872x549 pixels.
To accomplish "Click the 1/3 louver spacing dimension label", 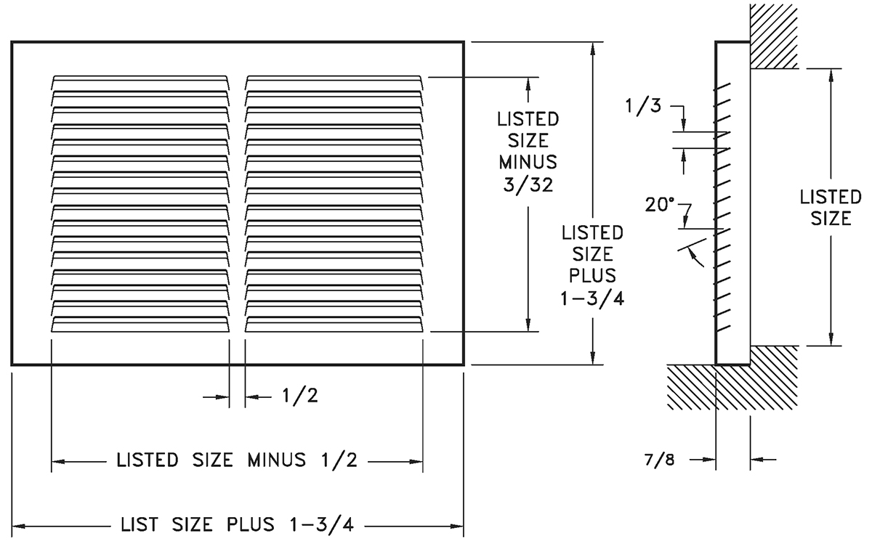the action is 643,106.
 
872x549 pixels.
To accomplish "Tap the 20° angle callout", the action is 660,205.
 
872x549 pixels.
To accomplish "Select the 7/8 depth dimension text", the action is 660,460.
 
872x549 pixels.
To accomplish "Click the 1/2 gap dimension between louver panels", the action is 300,396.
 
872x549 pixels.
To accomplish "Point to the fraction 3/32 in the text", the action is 528,185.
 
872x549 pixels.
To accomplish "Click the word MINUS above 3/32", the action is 528,162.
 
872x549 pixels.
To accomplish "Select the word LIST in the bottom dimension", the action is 140,524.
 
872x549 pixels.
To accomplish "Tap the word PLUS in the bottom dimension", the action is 251,524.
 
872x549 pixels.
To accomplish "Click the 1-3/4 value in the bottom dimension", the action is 321,525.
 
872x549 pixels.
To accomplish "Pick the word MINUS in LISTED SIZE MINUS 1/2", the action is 277,460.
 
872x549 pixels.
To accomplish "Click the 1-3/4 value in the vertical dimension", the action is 592,298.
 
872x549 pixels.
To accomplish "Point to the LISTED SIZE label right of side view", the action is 831,208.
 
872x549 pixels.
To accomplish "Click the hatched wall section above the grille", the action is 773,36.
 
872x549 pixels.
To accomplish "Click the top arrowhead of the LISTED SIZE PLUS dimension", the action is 593,49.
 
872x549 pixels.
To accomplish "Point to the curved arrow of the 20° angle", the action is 696,258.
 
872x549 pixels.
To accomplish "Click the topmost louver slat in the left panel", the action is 140,83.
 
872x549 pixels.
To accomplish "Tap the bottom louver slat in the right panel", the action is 334,325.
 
